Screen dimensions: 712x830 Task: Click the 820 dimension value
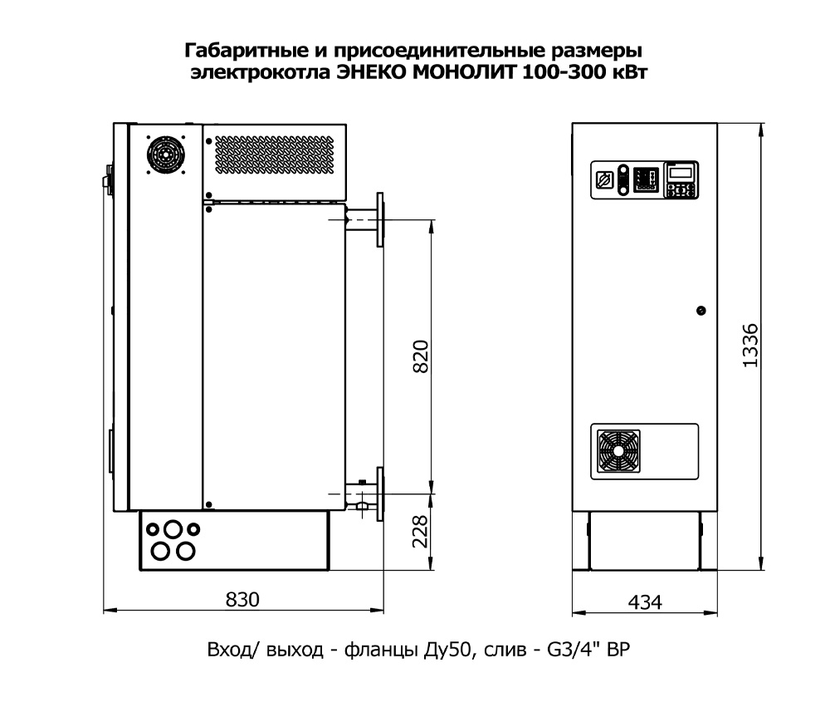click(422, 356)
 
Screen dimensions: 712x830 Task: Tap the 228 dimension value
click(422, 532)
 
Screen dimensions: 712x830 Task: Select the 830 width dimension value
click(242, 600)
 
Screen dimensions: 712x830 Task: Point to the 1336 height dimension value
click(750, 344)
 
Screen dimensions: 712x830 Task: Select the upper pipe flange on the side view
click(380, 218)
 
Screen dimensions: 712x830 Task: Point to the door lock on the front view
click(701, 311)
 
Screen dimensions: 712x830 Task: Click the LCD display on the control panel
click(681, 172)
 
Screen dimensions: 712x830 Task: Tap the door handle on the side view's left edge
click(107, 179)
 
